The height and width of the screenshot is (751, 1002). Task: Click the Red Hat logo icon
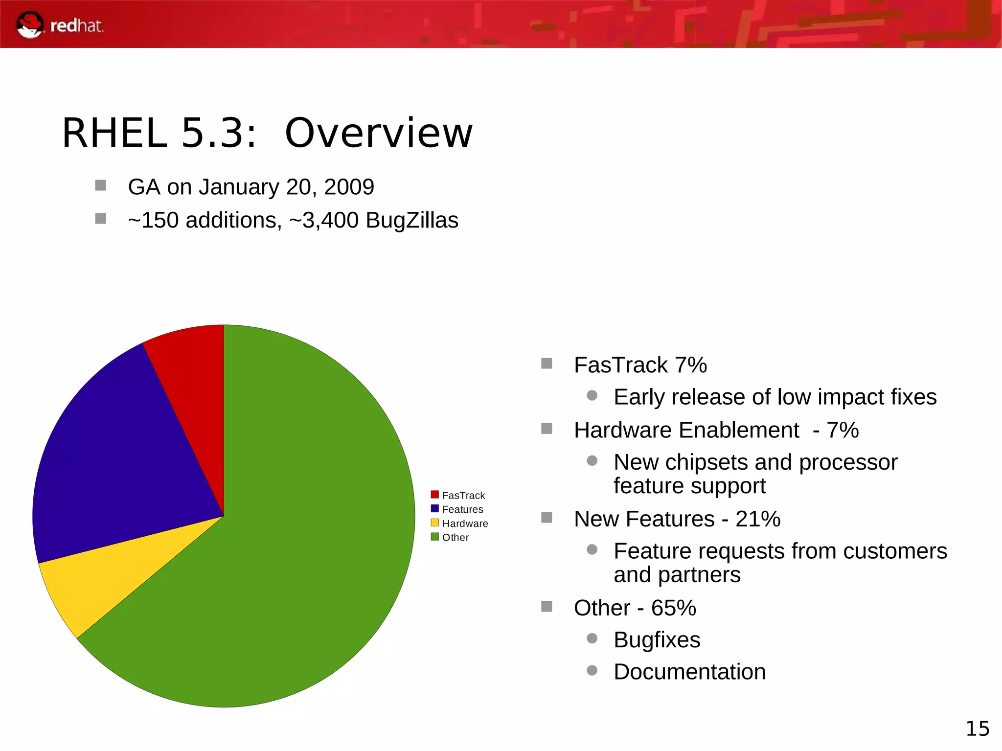point(29,24)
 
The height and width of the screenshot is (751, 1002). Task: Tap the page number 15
point(977,729)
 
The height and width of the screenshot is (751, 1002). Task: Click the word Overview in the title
point(379,133)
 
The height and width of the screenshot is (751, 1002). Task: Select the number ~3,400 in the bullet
point(324,220)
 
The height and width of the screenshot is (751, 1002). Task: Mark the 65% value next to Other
point(673,608)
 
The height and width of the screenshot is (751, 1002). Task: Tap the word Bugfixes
point(657,640)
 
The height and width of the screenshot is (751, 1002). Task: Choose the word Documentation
point(689,672)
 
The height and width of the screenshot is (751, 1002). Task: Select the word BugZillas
point(412,220)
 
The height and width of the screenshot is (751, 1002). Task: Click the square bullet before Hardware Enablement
point(547,429)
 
